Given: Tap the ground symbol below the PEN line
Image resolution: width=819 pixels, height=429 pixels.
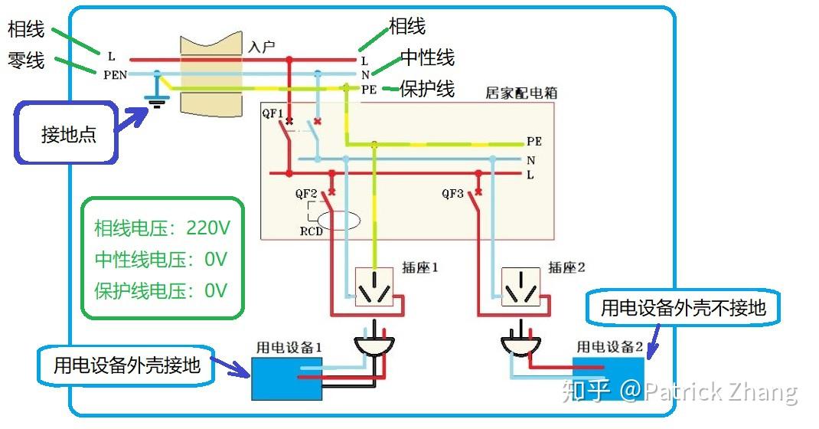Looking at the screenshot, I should [158, 101].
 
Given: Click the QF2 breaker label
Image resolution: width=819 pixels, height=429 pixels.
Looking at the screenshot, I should [307, 194].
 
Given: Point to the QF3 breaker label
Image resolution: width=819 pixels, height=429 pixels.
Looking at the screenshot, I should [453, 194].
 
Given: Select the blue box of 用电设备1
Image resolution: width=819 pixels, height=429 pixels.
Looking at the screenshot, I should [287, 378].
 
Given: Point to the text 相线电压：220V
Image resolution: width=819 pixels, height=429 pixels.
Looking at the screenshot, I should [162, 228].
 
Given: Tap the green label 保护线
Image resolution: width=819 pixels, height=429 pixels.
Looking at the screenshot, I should [427, 89].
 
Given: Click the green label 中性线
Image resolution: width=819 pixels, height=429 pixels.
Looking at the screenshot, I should [427, 57].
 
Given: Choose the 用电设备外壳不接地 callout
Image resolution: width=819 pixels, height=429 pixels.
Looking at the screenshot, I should [683, 308].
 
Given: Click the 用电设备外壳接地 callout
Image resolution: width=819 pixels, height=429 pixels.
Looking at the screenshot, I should [126, 365].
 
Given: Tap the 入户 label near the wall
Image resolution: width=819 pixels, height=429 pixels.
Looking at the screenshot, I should [262, 47].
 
